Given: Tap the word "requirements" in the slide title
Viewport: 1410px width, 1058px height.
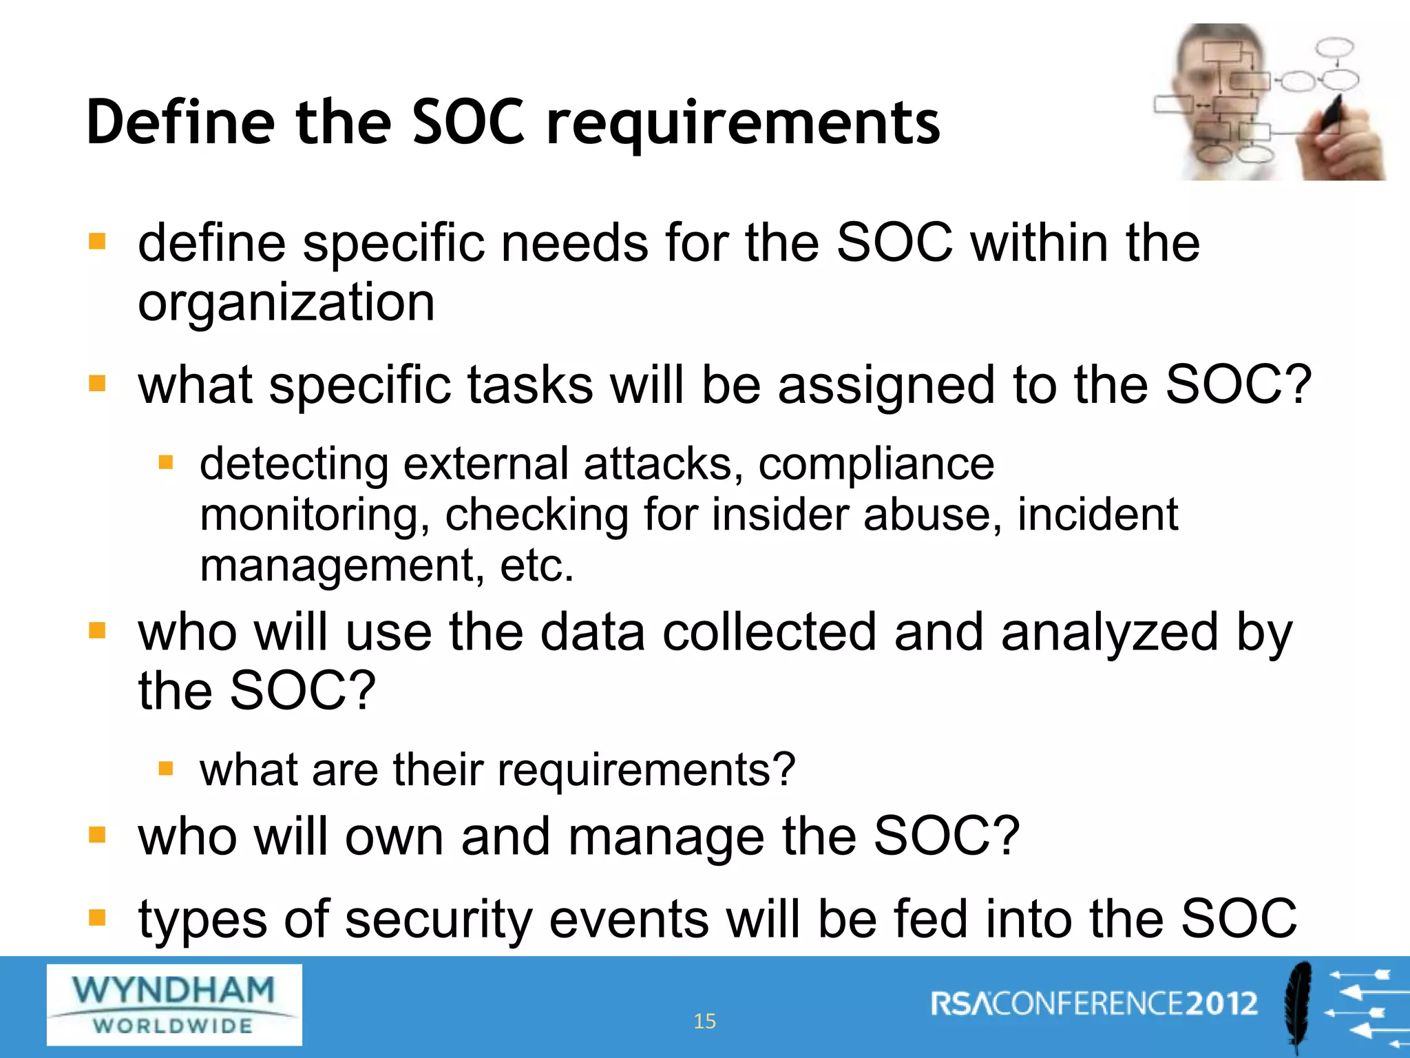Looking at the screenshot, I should pos(743,124).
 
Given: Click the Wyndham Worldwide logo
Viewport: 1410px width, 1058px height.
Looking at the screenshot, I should pos(174,1004).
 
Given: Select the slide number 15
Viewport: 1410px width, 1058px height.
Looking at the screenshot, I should pos(704,1021).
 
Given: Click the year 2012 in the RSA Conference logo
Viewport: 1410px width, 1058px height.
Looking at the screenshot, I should pos(1221,1004).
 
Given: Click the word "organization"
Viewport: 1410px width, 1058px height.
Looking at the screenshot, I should pos(286,302).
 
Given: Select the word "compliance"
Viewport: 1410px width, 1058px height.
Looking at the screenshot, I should pos(876,464).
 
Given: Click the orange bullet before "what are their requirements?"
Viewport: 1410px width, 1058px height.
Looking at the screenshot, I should pos(165,768).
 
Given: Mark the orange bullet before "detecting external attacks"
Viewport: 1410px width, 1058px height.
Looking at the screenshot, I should pos(165,462).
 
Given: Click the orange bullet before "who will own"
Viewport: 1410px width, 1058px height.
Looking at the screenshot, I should pos(97,835).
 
